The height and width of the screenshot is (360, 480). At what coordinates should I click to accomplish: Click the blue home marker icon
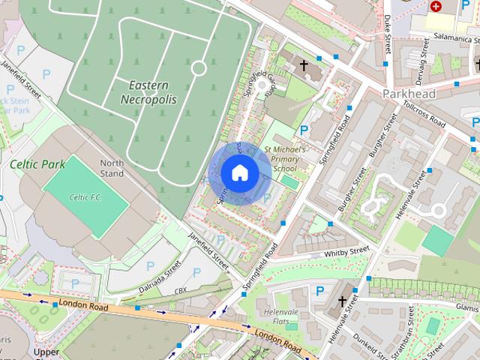coord(238,172)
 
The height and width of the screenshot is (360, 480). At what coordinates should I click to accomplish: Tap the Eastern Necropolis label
coord(148,91)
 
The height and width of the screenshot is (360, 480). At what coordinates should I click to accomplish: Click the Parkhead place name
coord(408,94)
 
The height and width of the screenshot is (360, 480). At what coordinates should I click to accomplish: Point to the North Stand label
coord(112,168)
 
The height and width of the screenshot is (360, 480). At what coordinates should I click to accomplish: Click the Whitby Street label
coord(346,253)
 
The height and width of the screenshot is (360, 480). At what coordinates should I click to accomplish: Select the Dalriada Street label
coord(160,276)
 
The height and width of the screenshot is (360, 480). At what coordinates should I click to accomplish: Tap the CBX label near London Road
coord(181,290)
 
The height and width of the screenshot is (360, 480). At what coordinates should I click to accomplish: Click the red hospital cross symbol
coord(436,6)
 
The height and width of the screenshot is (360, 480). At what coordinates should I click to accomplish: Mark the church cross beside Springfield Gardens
coord(304,66)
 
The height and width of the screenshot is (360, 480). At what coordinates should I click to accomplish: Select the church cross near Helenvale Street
coord(342,301)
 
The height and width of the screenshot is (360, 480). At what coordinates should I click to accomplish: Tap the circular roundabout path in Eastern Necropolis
coord(199,68)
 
